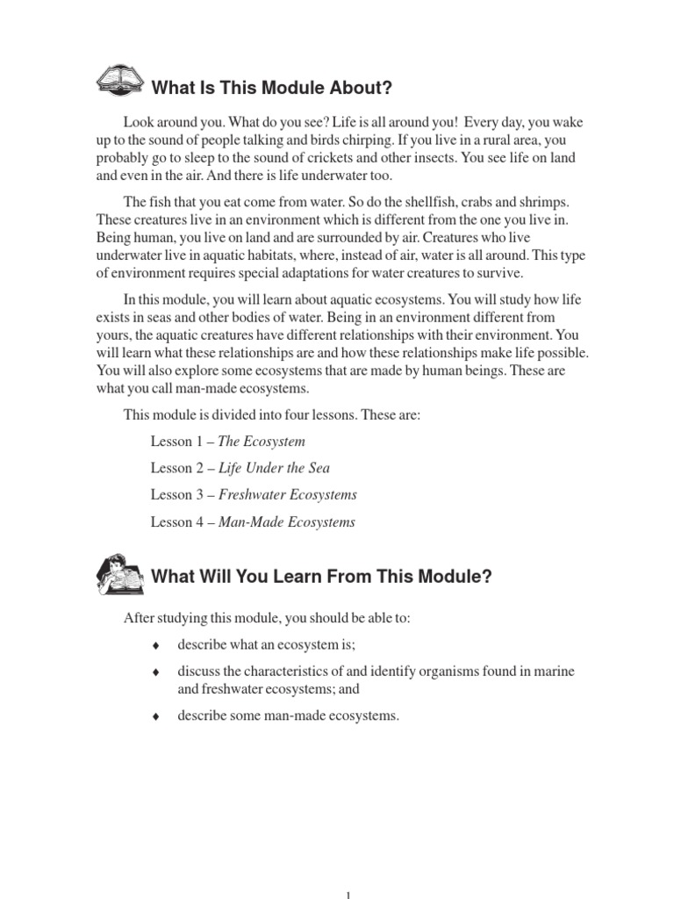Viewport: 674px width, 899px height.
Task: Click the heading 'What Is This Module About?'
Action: (271, 88)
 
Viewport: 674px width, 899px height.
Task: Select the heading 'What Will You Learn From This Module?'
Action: (322, 577)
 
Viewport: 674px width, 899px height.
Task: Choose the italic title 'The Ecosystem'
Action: (262, 442)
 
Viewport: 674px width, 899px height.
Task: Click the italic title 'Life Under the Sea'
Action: (273, 468)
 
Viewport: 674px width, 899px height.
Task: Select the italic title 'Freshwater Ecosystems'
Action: (287, 495)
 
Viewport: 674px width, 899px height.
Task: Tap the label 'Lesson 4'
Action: (176, 522)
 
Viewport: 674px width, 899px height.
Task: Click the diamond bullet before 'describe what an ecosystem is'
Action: (155, 646)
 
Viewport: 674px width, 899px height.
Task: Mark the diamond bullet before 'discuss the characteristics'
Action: (155, 672)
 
